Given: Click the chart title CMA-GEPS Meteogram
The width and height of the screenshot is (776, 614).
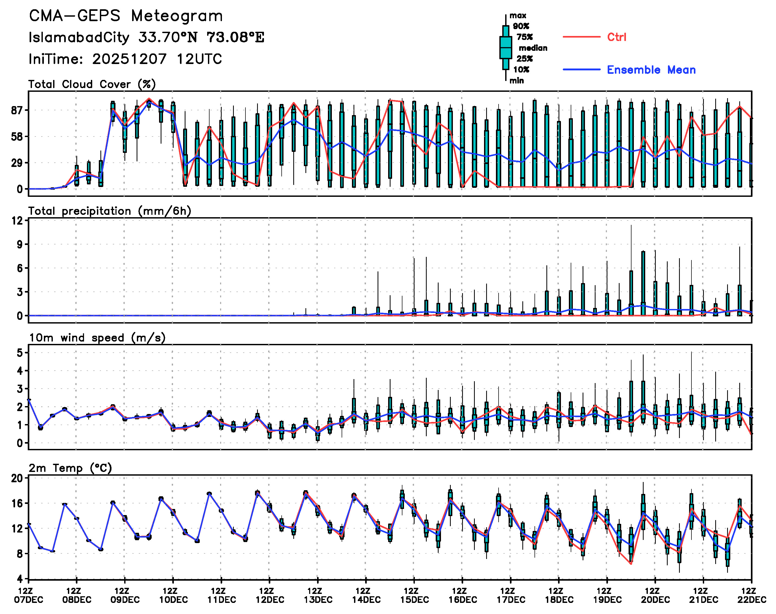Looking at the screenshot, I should point(126,16).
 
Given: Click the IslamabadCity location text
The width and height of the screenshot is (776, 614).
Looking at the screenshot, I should point(79,37).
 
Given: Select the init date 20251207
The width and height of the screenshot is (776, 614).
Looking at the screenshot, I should point(129,59).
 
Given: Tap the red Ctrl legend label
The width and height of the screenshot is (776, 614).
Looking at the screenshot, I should point(616,37).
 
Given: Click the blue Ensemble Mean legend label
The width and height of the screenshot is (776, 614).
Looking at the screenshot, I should point(651,70).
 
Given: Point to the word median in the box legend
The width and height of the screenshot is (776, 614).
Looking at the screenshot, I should point(533,48).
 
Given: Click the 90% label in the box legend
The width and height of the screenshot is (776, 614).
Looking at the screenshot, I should point(521,26).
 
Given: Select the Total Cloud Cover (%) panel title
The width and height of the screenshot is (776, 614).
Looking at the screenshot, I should point(92,84).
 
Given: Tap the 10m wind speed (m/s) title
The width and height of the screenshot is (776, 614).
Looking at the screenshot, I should point(97,338).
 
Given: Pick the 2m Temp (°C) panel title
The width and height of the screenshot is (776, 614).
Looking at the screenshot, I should point(70,468).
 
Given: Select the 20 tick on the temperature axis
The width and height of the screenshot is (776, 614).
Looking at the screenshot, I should point(17,478).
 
